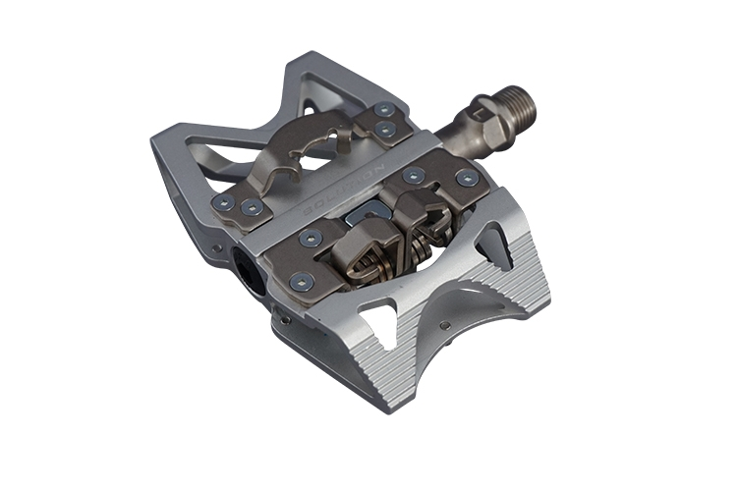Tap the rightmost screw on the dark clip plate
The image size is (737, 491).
click(x=467, y=180)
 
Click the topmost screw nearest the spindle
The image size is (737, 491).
click(x=383, y=110)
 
